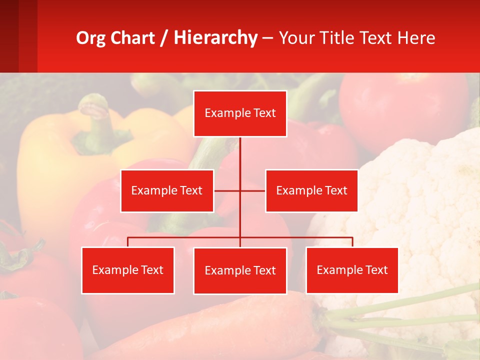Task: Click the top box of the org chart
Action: [x=240, y=113]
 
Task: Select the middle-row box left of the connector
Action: [x=167, y=190]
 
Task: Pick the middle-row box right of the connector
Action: [x=311, y=190]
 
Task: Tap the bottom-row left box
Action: [x=127, y=270]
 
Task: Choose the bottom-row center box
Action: [x=240, y=270]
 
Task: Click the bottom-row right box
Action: [x=352, y=270]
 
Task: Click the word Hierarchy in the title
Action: [x=215, y=38]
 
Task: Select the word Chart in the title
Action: [x=133, y=38]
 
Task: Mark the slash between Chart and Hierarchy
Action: [x=164, y=38]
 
